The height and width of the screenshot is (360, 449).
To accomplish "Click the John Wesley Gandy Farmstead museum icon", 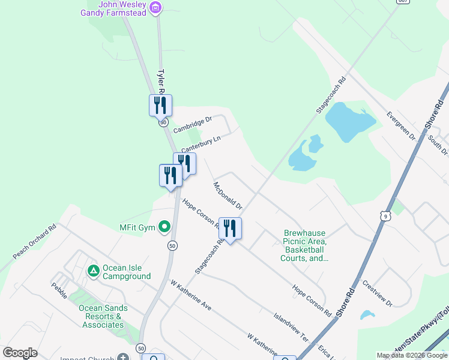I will (156, 8).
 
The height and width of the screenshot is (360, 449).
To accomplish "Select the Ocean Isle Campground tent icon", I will (93, 271).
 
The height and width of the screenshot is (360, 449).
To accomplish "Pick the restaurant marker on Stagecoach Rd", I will (230, 227).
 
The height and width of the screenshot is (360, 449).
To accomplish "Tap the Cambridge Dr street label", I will (193, 125).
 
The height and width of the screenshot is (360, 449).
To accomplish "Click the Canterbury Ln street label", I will (201, 144).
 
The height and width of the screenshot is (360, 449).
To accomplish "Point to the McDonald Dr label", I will (228, 195).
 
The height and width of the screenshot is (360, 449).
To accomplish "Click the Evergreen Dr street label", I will (401, 125).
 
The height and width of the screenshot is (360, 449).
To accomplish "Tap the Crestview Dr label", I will (377, 293).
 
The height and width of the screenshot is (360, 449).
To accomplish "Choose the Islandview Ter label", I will (291, 326).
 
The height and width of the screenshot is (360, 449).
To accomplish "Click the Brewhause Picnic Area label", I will (304, 246).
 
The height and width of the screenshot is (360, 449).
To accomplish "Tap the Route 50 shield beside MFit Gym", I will (172, 245).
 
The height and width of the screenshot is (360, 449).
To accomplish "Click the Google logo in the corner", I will (20, 353).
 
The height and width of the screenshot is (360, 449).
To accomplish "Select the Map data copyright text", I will (412, 355).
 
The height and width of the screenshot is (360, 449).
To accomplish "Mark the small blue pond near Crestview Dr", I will (367, 314).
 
